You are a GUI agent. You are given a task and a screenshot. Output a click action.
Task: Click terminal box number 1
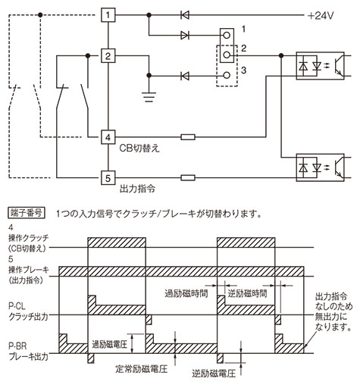tap(108, 15)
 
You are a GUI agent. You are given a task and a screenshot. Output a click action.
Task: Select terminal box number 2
tap(108, 55)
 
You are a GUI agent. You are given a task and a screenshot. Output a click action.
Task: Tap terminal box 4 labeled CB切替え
tap(108, 137)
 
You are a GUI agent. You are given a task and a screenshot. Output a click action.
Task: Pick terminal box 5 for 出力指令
tap(108, 178)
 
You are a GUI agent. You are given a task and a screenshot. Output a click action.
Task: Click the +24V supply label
tap(321, 16)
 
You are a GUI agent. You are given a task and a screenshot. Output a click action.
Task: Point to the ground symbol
tap(149, 97)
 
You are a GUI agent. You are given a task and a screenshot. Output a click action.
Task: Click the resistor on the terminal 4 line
tap(188, 137)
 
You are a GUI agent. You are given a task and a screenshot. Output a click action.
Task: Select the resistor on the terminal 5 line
tap(188, 178)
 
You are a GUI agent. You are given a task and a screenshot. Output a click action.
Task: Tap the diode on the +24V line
tap(185, 15)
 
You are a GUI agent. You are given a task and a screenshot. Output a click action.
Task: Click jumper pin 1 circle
tap(227, 35)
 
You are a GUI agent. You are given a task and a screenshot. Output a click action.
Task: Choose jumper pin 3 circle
tap(227, 75)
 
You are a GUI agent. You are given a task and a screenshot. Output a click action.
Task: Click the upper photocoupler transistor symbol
tap(338, 66)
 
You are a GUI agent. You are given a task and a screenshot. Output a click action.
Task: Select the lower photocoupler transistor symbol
tap(338, 167)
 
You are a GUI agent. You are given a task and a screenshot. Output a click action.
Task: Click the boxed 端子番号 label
tap(27, 213)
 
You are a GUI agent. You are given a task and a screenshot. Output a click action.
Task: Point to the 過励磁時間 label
tap(186, 293)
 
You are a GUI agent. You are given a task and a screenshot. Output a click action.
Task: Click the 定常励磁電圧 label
tap(142, 369)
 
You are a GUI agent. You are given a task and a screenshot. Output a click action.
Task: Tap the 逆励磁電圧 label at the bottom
tap(214, 374)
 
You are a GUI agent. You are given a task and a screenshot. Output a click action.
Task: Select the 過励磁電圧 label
tap(109, 344)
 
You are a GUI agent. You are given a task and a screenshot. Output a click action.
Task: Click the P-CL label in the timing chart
tap(17, 306)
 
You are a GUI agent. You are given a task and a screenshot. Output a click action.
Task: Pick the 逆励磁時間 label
tap(247, 293)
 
